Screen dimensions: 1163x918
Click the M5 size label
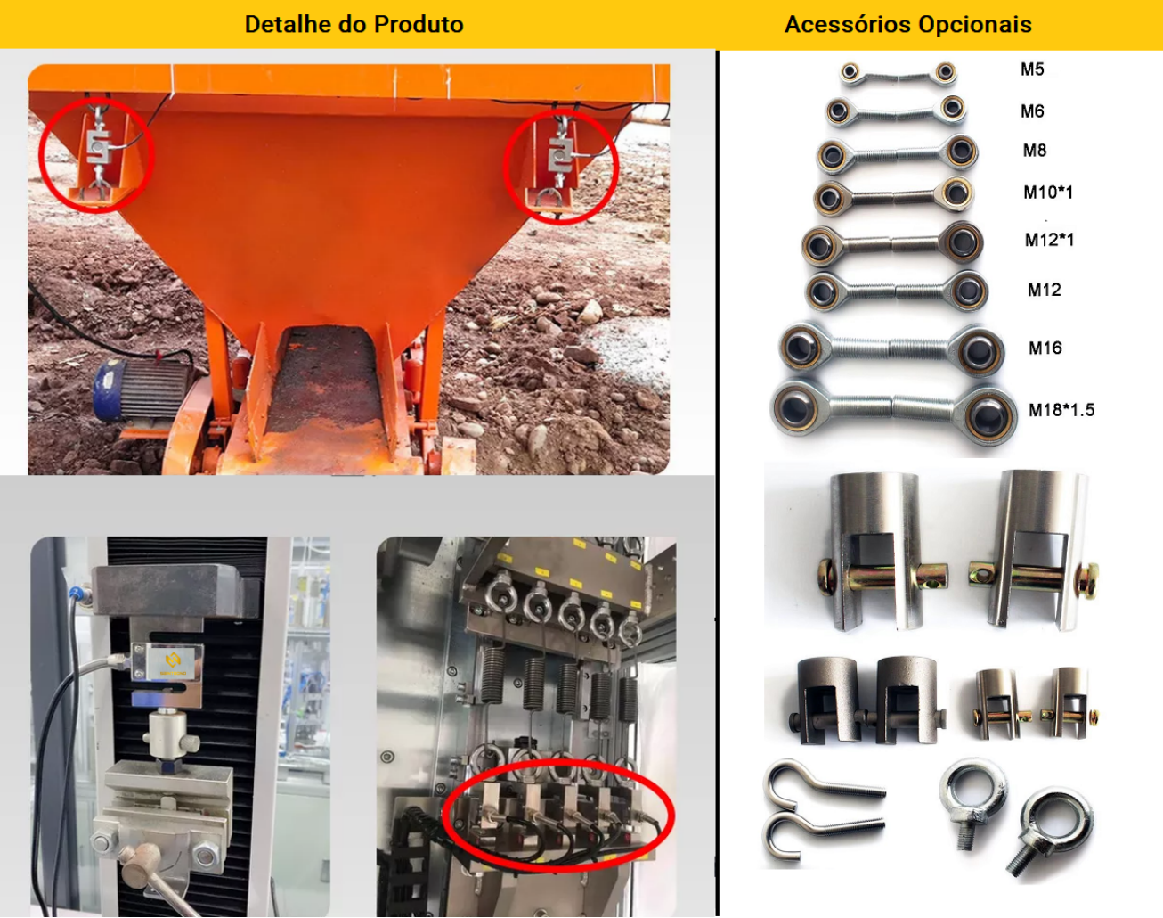pos(1032,70)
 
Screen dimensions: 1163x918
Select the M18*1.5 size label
pos(1061,410)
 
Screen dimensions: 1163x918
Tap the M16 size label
pos(1045,348)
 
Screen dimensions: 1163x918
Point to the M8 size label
pos(1035,151)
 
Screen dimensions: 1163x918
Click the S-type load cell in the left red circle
pos(99,146)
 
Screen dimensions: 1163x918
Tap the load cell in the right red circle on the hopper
pos(560,154)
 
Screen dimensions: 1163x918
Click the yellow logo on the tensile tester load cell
pos(173,661)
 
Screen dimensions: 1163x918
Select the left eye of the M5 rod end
pos(850,71)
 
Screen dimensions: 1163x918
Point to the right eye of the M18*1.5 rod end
pos(988,415)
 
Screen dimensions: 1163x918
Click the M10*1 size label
pos(1048,192)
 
